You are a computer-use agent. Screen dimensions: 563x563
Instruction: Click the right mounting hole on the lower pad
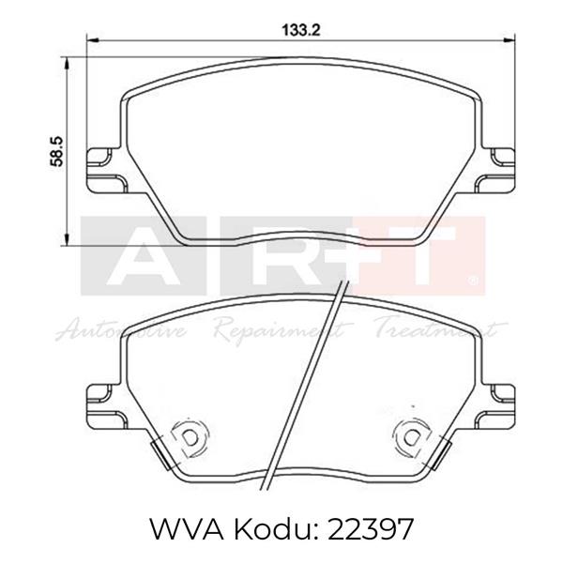409,435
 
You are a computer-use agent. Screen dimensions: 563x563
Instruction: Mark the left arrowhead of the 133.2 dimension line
90,38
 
